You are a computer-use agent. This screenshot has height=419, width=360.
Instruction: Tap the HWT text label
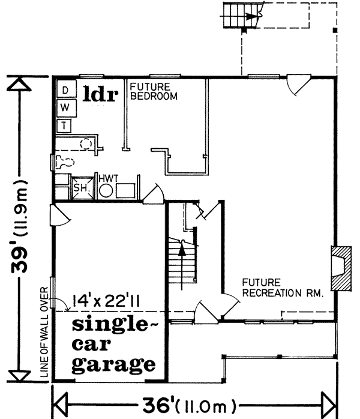[109, 178]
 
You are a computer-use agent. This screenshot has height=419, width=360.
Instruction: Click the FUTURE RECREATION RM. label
[283, 288]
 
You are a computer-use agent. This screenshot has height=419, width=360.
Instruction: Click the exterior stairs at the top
[243, 14]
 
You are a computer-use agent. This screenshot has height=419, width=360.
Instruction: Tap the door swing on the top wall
[298, 85]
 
